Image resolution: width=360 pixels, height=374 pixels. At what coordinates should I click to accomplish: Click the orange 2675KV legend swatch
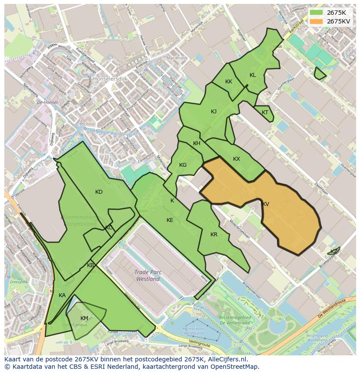click(317, 21)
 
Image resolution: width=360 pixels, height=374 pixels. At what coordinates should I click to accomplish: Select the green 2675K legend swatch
click(317, 13)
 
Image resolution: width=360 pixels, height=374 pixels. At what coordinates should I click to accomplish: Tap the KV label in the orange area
click(265, 204)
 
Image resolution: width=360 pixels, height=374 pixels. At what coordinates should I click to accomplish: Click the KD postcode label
click(99, 192)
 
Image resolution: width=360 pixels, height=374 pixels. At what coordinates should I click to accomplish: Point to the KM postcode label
click(84, 318)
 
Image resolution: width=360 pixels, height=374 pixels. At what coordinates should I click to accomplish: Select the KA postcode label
click(62, 295)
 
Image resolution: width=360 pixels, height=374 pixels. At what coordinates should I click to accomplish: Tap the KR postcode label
click(214, 235)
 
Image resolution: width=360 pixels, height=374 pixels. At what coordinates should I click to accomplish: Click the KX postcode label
click(237, 159)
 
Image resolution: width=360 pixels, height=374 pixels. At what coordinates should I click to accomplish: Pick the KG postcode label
click(183, 165)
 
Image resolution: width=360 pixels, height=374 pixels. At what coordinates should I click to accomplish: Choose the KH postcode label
click(197, 143)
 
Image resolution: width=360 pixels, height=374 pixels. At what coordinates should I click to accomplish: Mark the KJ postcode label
click(213, 112)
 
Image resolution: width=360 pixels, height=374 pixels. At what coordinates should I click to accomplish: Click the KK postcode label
click(229, 82)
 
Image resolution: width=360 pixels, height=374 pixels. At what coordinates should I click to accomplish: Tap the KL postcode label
click(253, 75)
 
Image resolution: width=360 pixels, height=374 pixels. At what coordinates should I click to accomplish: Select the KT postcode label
click(265, 113)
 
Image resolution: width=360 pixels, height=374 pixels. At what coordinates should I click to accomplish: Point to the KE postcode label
click(170, 220)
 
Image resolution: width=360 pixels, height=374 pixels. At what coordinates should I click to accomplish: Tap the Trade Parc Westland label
click(148, 276)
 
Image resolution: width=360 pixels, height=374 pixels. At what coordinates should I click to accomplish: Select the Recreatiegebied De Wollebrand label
click(235, 320)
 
